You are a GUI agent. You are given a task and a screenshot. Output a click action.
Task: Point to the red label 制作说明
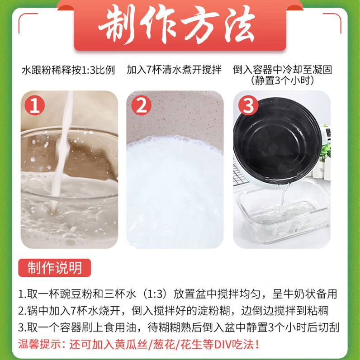pos(54,267)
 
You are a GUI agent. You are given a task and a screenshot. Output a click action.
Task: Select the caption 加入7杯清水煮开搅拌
pos(174,70)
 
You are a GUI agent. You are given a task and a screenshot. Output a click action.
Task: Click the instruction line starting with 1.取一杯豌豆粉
pos(178,294)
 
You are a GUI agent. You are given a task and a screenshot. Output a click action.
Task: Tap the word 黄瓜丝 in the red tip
pos(134,343)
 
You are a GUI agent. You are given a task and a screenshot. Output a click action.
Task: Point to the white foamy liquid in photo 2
pos(174,190)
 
